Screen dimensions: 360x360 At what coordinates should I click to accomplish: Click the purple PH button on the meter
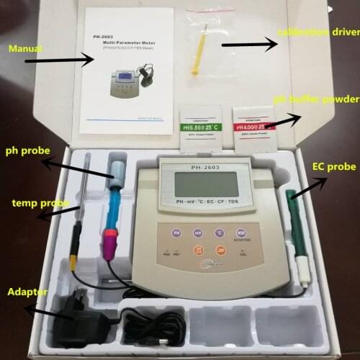(x=176, y=233)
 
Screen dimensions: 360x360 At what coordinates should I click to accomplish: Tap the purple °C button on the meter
(x=219, y=233)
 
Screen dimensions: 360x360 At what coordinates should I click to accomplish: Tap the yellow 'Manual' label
(x=24, y=49)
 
